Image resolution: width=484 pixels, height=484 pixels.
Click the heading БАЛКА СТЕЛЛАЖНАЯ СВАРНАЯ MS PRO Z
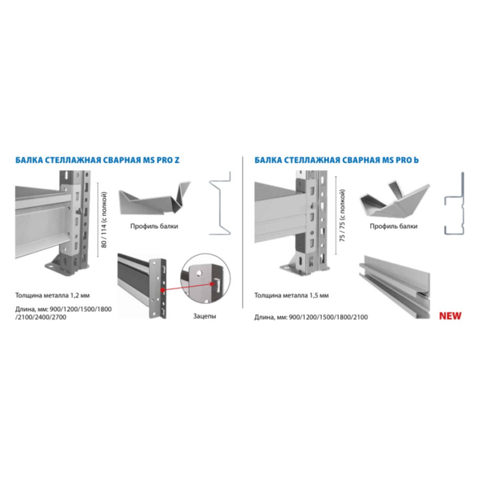coord(97,160)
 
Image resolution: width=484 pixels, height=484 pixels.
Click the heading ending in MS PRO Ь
coord(336,160)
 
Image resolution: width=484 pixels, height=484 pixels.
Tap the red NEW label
coord(450,316)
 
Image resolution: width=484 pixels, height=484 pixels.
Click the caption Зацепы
coord(204,316)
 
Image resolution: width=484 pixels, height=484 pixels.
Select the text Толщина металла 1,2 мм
coord(53,295)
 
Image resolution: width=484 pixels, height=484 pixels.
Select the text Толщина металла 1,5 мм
coord(292,295)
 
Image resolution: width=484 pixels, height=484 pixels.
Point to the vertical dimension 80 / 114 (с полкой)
coord(104,220)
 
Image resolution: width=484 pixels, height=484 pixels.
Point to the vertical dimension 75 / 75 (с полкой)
coord(342,215)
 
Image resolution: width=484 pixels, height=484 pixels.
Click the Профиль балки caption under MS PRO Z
coord(154,226)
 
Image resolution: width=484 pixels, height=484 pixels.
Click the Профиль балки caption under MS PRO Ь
coord(394,226)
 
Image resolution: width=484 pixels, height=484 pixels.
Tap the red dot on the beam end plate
coord(162,290)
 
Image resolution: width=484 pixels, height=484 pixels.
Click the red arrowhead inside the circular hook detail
coord(213,284)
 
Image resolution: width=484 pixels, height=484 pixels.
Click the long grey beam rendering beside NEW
coord(394,286)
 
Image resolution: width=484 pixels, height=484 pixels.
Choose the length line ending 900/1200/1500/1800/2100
coord(311,317)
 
